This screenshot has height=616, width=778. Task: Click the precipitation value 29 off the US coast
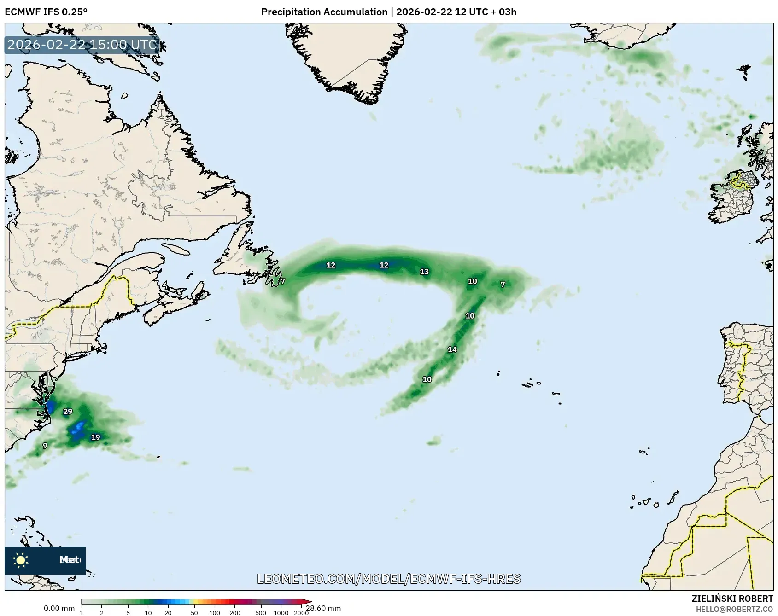coord(68,412)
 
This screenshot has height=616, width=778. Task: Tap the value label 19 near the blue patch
coord(95,437)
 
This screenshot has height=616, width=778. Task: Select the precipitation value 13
coord(424,272)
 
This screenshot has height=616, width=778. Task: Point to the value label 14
coord(452,349)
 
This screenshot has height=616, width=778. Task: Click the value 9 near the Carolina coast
coord(45,446)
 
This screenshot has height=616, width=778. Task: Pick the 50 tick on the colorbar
coord(194,613)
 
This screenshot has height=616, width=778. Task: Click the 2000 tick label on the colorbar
coord(301,613)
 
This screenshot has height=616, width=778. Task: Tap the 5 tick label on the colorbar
coord(128,613)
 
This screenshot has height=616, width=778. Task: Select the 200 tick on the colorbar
coord(235,613)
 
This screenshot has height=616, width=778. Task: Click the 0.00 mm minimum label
coord(59,609)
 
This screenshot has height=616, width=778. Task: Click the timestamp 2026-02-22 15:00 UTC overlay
coord(82,45)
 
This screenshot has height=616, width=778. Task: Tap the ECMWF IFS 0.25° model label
coord(46,12)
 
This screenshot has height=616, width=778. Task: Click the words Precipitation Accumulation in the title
coord(324,12)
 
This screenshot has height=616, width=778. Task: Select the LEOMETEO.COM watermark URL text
coord(389,579)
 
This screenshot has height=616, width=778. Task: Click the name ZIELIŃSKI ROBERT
coord(732,599)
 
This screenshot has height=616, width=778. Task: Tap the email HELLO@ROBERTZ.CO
coord(734,609)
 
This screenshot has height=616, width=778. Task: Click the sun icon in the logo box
coord(21,560)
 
